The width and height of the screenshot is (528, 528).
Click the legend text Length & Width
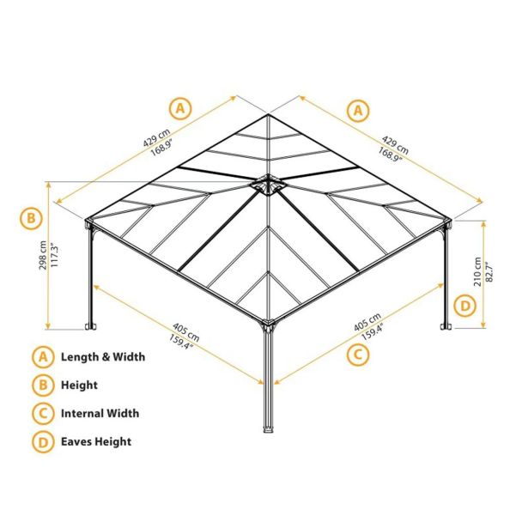point(102,357)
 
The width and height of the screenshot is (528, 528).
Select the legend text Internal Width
point(100,414)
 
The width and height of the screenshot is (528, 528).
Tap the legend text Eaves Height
point(95,441)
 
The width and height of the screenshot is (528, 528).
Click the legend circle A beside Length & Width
point(41,357)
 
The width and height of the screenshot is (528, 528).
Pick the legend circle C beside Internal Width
point(41,414)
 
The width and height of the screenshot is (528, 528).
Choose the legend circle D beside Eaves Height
point(41,441)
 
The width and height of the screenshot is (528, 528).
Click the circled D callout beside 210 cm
point(464,306)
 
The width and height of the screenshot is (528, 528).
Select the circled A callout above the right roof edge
point(357,109)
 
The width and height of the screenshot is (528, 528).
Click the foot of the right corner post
point(444,326)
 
